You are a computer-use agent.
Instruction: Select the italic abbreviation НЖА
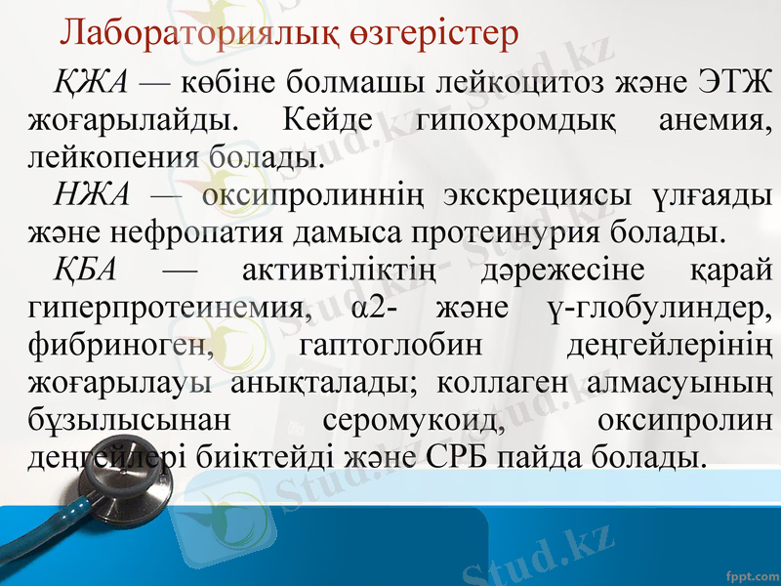(x=93, y=193)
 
